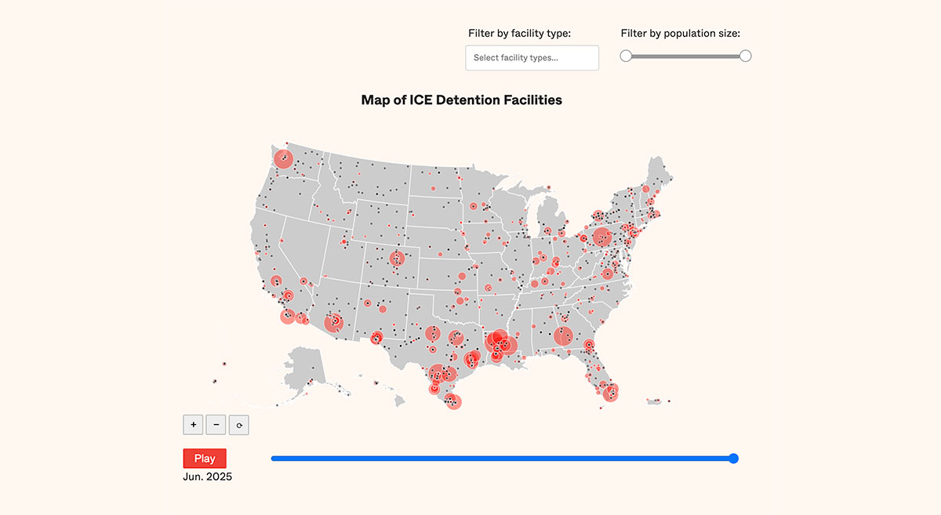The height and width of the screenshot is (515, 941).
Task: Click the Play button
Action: [x=205, y=459]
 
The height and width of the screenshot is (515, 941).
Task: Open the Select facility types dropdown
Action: [x=532, y=58]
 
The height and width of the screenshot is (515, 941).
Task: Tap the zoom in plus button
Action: [x=193, y=425]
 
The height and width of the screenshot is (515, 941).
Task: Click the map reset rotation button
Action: [x=239, y=425]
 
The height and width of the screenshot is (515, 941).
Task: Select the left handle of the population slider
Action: [x=626, y=56]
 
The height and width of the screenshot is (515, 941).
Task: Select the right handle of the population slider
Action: [x=746, y=56]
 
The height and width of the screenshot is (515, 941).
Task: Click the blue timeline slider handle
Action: [x=733, y=459]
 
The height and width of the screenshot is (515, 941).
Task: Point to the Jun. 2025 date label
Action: [x=208, y=477]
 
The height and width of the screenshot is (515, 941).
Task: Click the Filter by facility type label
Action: [x=519, y=33]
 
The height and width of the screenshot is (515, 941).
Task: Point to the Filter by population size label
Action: [x=680, y=33]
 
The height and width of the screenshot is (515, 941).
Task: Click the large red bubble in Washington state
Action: [x=283, y=159]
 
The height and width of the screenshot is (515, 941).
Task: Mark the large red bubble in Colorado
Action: [x=398, y=258]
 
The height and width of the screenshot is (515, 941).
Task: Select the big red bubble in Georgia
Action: [x=563, y=336]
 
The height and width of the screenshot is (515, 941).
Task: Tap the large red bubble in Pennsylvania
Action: [x=602, y=237]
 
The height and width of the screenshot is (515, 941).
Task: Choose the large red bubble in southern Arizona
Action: [x=336, y=321]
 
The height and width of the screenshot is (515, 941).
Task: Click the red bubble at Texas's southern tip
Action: [x=452, y=402]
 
